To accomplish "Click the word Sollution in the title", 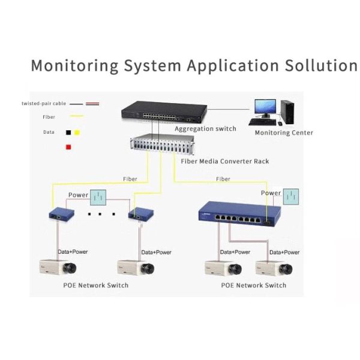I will (x=315, y=65).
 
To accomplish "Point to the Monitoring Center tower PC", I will (x=289, y=110).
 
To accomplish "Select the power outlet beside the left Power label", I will (x=98, y=197).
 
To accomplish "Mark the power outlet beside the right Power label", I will (x=292, y=196).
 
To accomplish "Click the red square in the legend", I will (x=69, y=147).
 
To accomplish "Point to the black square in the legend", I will (x=69, y=132).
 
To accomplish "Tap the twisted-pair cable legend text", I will (x=44, y=104).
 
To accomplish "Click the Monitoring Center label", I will (x=283, y=133).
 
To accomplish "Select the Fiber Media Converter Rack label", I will (x=224, y=161).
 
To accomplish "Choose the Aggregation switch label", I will (x=205, y=128).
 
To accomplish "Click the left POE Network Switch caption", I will (x=95, y=285).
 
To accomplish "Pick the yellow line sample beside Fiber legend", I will (x=76, y=116).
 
